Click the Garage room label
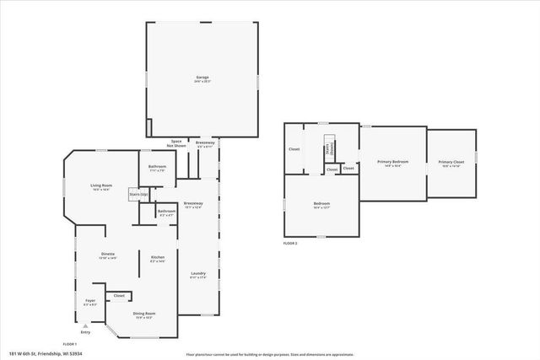[202, 79]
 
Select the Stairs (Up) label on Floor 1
[138, 195]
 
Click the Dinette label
[108, 255]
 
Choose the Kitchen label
[157, 258]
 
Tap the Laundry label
[198, 275]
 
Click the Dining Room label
[144, 315]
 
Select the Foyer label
[90, 301]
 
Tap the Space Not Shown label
[177, 144]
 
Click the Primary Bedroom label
[392, 163]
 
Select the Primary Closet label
[451, 163]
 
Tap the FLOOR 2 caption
[290, 243]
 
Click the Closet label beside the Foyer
[119, 296]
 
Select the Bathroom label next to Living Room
[157, 168]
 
